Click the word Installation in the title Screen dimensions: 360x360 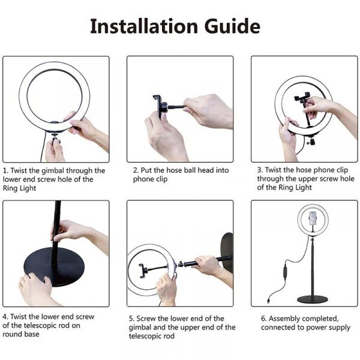pyautogui.click(x=142, y=26)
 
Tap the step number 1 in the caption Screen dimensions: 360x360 pyautogui.click(x=5, y=170)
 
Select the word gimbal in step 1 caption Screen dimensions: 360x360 pyautogui.click(x=55, y=170)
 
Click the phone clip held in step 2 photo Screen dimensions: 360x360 pyautogui.click(x=159, y=108)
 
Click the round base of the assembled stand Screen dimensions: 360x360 pyautogui.click(x=313, y=299)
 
